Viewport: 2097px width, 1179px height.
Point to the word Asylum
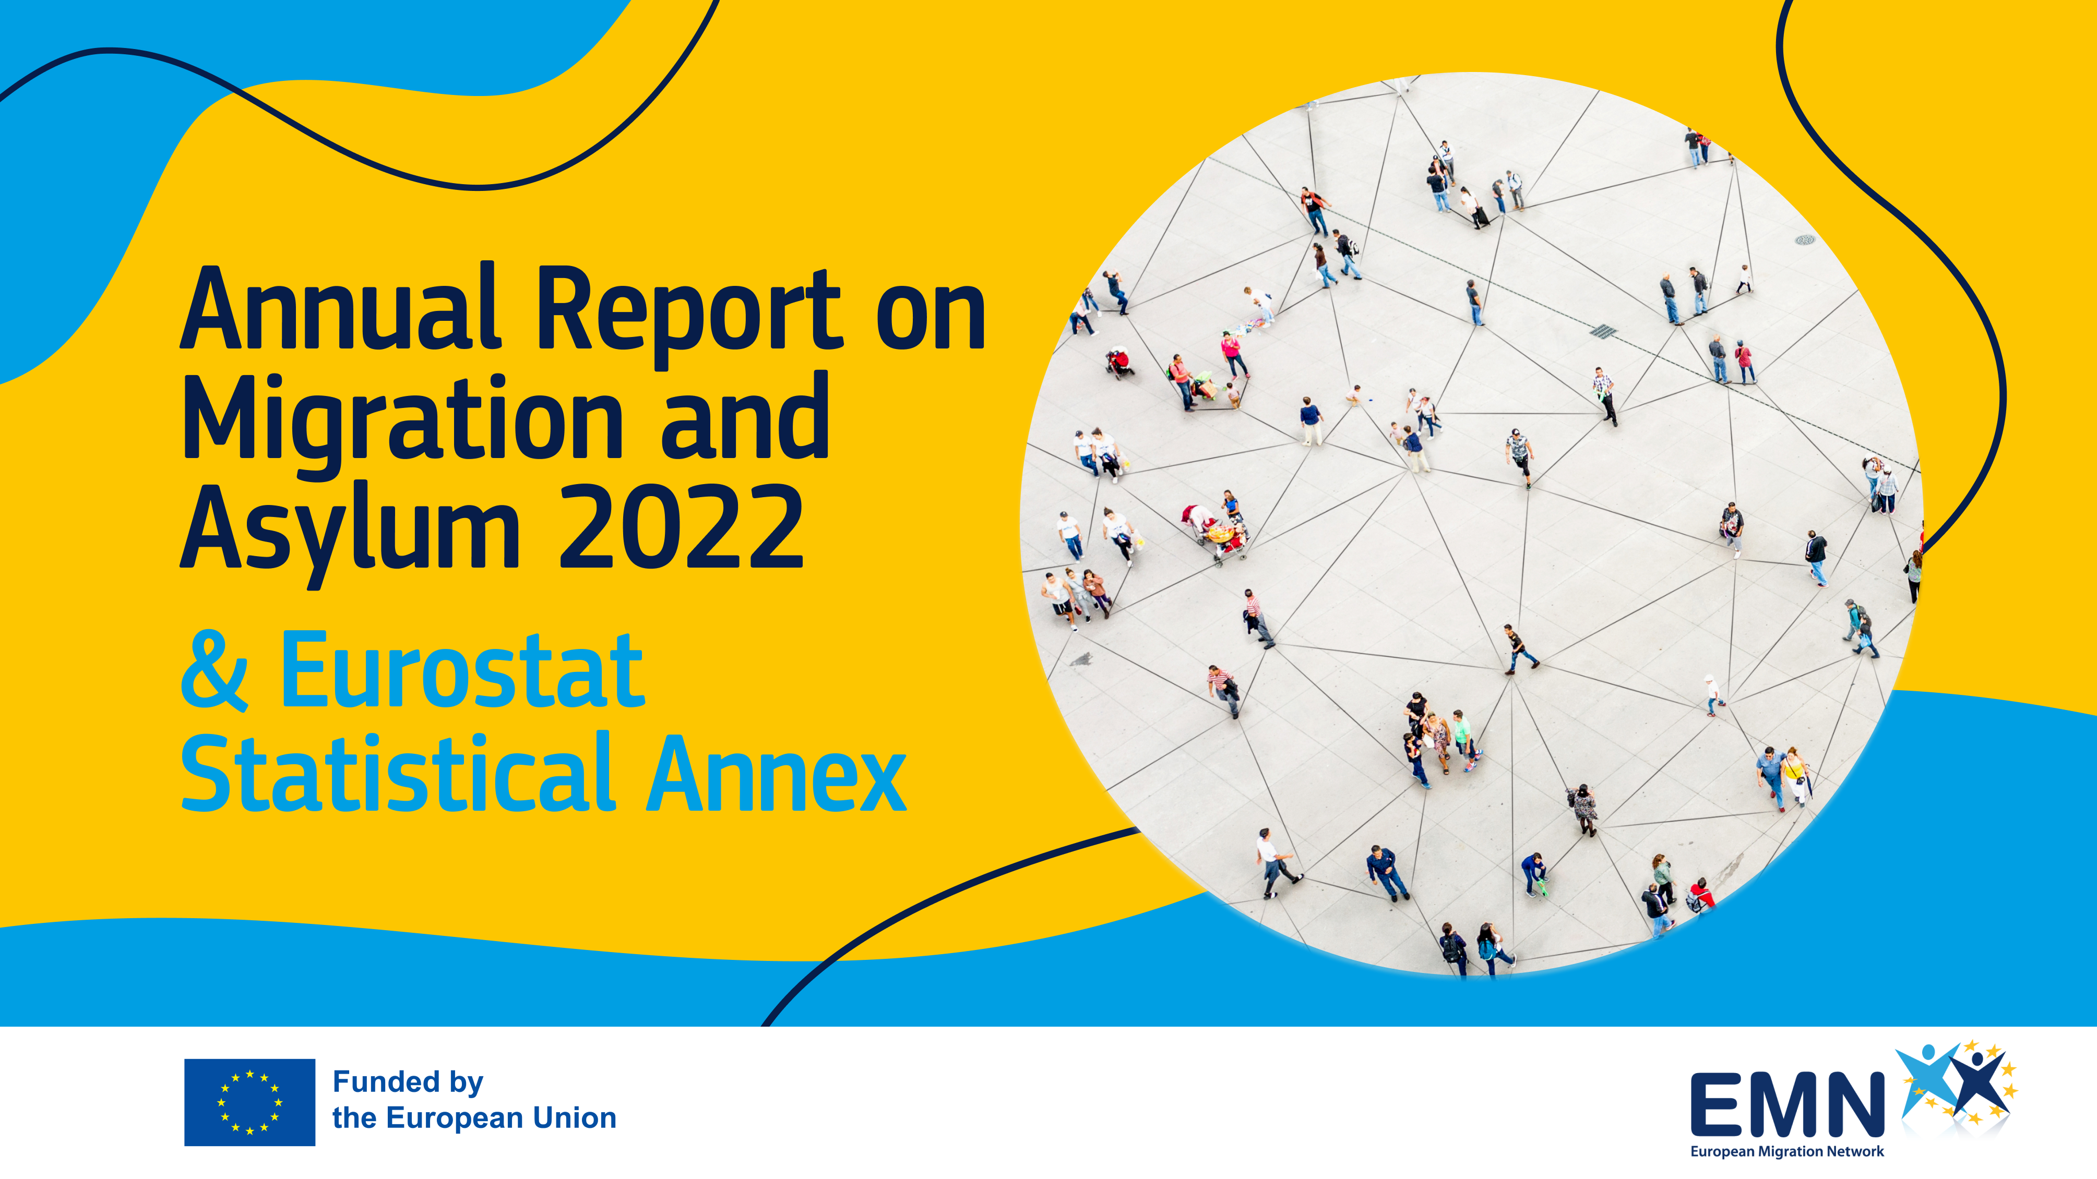coord(350,530)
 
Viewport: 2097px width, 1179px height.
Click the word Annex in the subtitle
coord(776,774)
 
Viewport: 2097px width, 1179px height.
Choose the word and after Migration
coord(744,417)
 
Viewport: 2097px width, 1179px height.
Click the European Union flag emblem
coord(249,1102)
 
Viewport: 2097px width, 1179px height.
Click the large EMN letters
coord(1787,1104)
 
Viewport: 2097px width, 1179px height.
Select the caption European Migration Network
coord(1787,1151)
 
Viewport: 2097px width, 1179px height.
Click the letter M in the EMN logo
coord(1788,1104)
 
